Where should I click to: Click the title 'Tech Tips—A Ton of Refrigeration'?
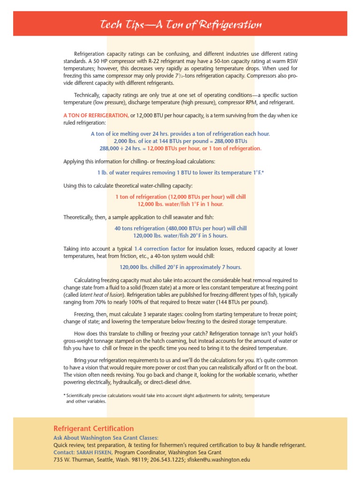coord(180,24)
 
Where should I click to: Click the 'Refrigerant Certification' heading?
coord(94,428)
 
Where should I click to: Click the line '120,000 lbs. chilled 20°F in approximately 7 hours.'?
coord(180,267)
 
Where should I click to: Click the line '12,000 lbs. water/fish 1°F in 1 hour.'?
coord(180,204)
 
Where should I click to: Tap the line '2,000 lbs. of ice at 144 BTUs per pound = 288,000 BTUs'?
coord(180,141)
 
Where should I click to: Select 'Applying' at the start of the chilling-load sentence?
coord(75,162)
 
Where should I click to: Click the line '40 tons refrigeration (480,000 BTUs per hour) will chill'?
coord(180,228)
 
